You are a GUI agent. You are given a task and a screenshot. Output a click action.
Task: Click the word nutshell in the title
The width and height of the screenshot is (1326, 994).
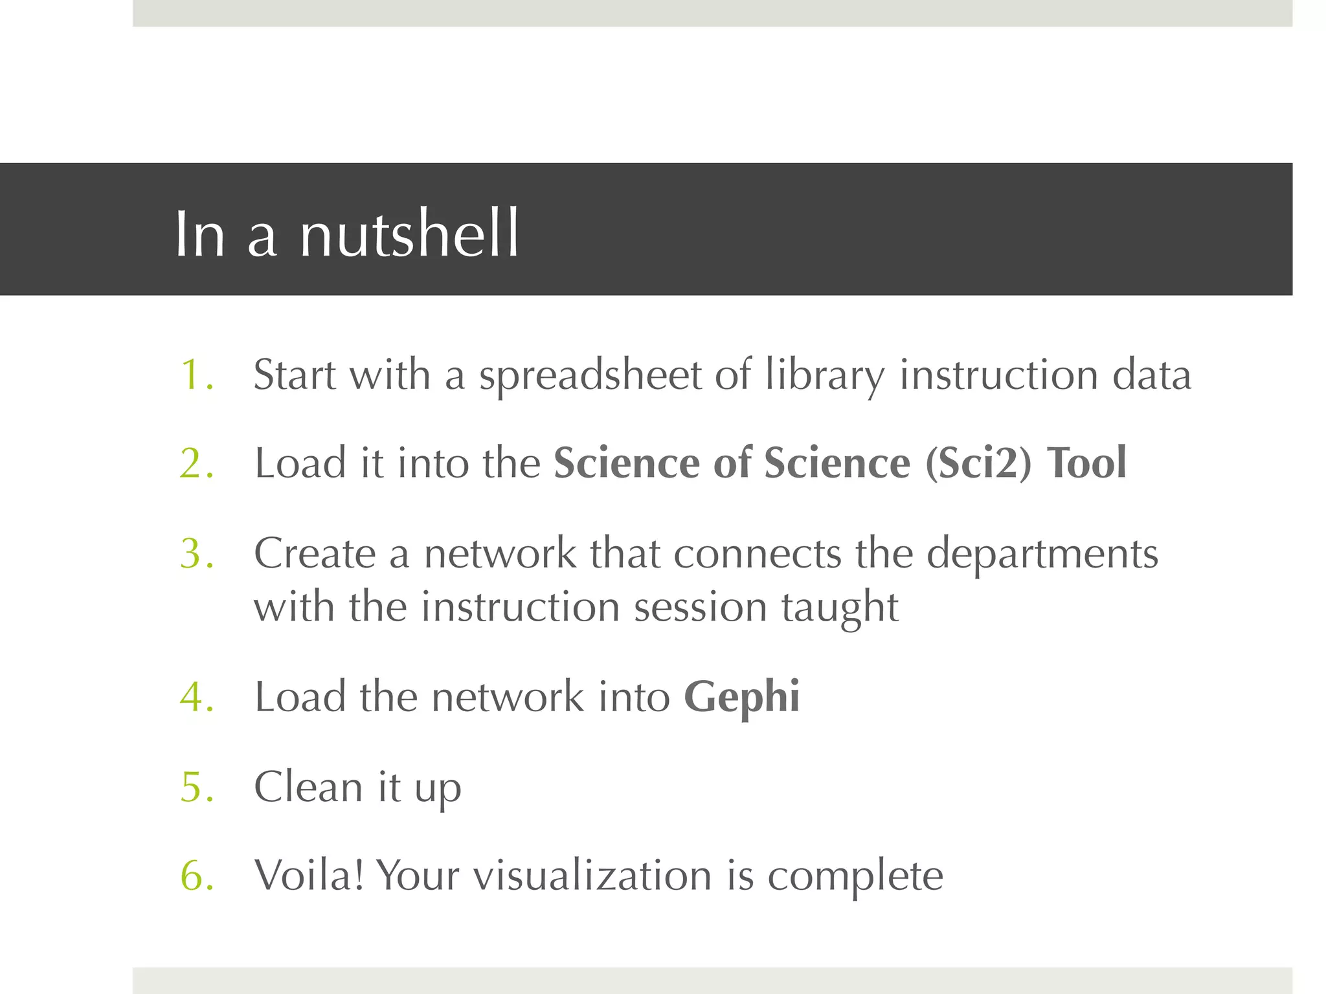coord(409,234)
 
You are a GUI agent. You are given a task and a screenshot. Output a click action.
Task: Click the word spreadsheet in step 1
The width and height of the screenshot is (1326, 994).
coord(590,376)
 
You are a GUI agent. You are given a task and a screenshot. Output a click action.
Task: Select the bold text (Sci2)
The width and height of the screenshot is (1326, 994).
coord(978,463)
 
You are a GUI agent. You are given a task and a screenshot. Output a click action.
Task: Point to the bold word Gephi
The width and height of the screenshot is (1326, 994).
coord(742,698)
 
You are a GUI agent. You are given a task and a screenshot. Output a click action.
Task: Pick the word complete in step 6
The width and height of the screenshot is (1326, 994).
coord(855,877)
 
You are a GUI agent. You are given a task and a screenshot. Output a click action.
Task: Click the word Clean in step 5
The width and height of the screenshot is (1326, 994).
coord(308,787)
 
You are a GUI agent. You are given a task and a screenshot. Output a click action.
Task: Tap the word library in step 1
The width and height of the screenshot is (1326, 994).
coord(824,376)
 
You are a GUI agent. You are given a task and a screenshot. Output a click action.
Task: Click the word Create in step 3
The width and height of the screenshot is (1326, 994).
coord(315,554)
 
